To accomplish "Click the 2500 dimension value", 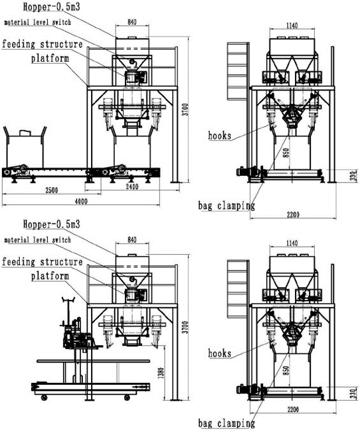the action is click(x=52, y=190).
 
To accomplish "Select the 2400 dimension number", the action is click(x=132, y=186).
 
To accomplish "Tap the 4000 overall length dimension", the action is click(x=81, y=201).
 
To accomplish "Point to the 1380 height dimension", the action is click(x=161, y=373).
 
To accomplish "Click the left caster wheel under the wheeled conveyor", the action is click(x=43, y=397).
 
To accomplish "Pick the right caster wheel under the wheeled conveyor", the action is click(x=127, y=397).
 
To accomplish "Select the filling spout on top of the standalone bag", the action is click(x=25, y=133).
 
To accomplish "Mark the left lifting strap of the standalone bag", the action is click(x=6, y=133).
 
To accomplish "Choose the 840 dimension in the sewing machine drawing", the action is click(x=132, y=240).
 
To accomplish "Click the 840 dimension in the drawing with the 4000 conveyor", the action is click(x=132, y=22).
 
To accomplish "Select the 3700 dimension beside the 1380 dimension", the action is click(x=186, y=327).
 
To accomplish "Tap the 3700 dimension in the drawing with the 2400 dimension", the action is click(x=186, y=109).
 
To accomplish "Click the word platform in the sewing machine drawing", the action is click(x=50, y=276).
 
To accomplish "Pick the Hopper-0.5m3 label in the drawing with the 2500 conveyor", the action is click(x=52, y=7).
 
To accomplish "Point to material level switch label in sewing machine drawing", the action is click(x=38, y=240).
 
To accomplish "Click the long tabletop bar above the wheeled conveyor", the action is click(x=93, y=361).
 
